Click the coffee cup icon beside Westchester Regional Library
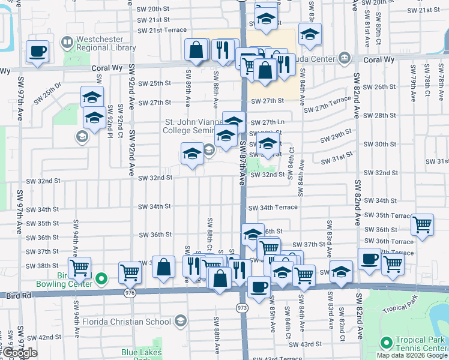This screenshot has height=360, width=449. pos(37,51)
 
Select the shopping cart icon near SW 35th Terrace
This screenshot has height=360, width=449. pos(423,225)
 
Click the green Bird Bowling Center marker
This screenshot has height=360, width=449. pos(101,278)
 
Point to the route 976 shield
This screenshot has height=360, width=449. pos(130,293)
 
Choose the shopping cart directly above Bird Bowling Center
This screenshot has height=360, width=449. pos(79,267)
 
